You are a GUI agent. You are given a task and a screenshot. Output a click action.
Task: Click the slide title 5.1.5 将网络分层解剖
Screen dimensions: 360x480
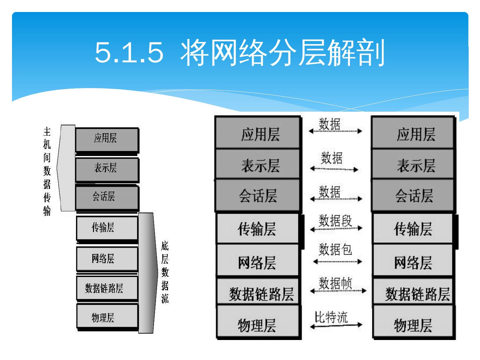click(x=240, y=52)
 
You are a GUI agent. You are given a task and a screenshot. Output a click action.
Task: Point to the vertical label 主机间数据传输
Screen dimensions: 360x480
click(x=47, y=171)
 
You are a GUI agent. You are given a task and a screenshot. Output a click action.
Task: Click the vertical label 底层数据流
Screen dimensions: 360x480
click(x=165, y=272)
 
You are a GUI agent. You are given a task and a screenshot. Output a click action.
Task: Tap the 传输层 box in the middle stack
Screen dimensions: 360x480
click(x=258, y=229)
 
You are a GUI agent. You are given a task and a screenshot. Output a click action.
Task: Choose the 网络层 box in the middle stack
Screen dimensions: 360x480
click(x=258, y=261)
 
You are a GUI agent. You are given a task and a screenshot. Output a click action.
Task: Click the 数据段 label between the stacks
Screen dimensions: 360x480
click(x=335, y=221)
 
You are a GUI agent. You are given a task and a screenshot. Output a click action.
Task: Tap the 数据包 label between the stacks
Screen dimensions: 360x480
click(x=335, y=249)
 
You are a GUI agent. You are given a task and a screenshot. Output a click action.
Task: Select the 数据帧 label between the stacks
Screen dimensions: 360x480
click(x=335, y=283)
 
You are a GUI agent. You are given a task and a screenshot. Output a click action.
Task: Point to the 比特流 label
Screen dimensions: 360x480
click(x=331, y=317)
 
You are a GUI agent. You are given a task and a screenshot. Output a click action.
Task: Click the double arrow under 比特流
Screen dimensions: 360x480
click(x=336, y=325)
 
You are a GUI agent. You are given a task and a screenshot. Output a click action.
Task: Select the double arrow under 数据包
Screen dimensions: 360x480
click(x=337, y=262)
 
